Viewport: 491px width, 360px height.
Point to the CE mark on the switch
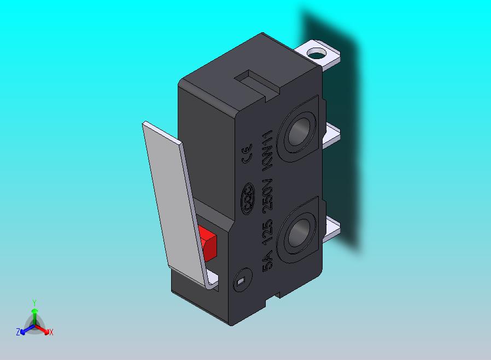click(x=247, y=154)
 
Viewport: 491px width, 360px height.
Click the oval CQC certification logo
click(x=247, y=199)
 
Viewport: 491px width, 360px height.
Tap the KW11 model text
click(x=268, y=150)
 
